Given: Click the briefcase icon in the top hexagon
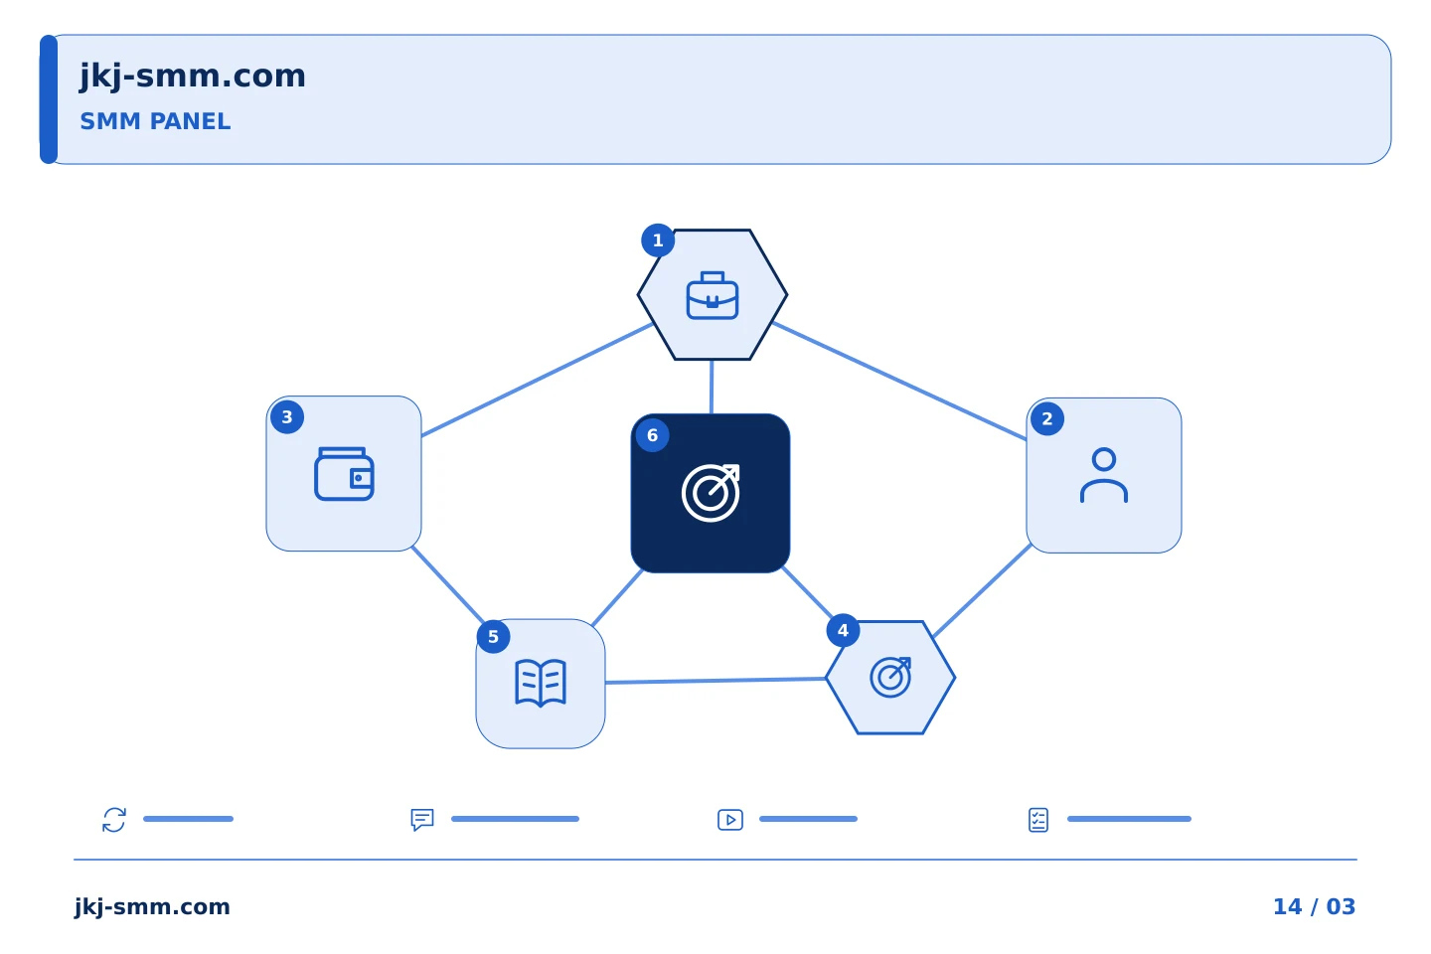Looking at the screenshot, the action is (713, 295).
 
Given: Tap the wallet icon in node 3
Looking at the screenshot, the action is (344, 473).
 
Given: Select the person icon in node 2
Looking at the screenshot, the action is (1104, 475).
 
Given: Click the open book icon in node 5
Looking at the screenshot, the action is (541, 683).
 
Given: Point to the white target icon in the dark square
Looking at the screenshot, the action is (711, 493).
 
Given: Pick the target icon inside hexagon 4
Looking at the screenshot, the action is (890, 677).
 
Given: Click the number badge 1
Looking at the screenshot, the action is (658, 240).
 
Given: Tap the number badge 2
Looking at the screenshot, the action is (1047, 418).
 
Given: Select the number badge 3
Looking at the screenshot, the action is (287, 417).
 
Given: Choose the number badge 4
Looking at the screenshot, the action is (843, 631).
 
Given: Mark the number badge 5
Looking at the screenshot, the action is (493, 636).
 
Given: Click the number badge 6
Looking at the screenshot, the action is (652, 435).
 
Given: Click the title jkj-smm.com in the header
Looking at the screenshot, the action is (193, 77).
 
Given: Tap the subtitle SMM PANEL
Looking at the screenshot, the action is (155, 121).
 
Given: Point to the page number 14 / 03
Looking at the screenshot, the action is (1314, 906).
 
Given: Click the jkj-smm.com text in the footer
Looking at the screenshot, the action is (152, 906).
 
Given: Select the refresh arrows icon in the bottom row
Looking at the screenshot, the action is (114, 820).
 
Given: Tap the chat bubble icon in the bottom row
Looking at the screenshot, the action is (422, 820).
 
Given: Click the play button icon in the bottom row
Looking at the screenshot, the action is (730, 820).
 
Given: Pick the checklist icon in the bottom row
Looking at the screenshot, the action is (1038, 820).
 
